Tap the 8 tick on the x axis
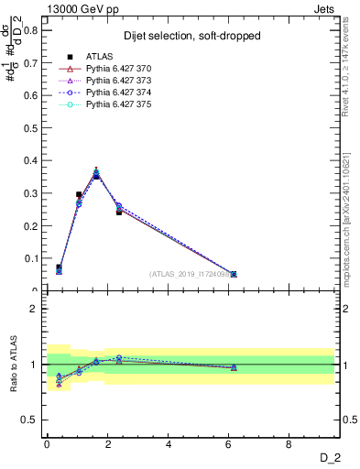click(289, 446)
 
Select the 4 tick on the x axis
click(169, 446)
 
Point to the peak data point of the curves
click(96, 173)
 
